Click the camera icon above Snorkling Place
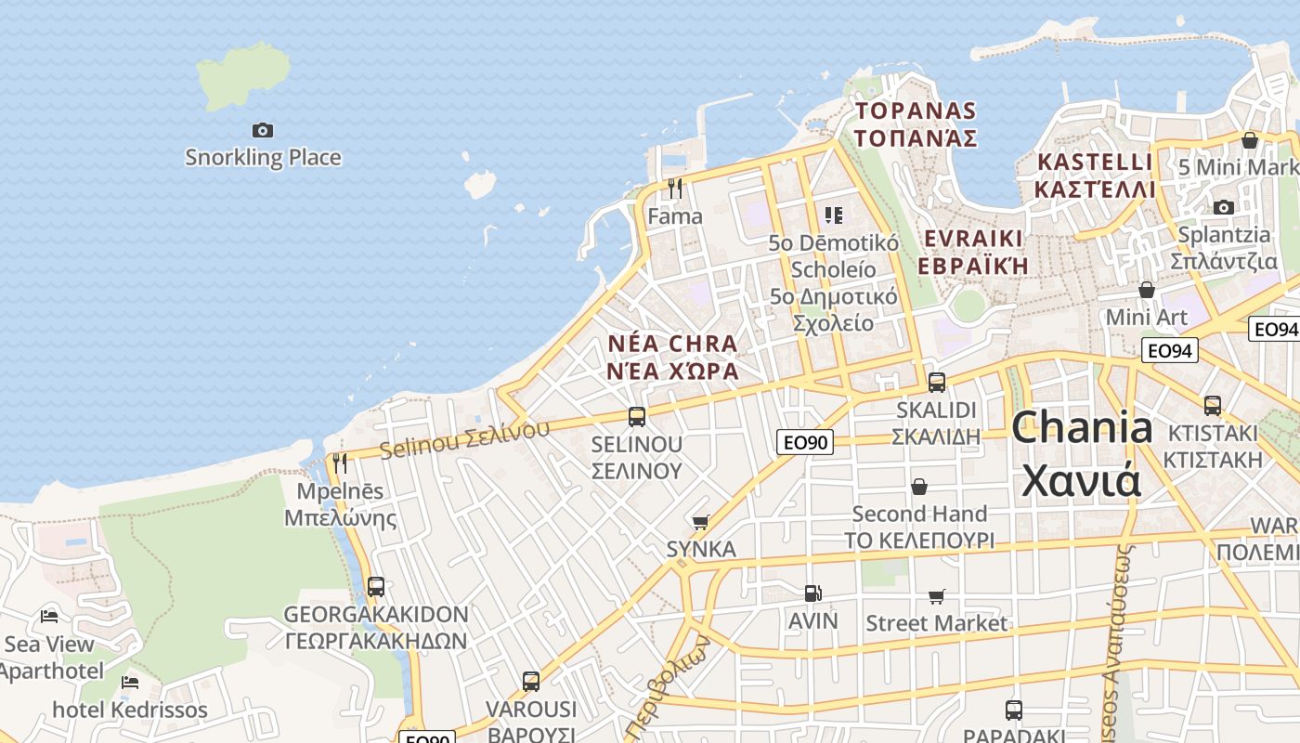pos(263,131)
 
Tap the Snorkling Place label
pos(263,157)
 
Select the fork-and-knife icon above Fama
pos(675,189)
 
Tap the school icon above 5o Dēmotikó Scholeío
pos(833,215)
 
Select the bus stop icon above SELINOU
pos(637,417)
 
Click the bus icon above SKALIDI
pos(937,382)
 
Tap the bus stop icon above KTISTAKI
pos(1213,406)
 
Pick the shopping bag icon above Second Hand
pos(919,487)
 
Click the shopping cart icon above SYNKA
pos(701,523)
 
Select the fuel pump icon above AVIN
pos(812,593)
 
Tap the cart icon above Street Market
pos(937,596)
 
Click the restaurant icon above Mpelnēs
pos(340,463)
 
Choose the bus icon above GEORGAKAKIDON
pos(375,587)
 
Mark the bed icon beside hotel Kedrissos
pos(130,683)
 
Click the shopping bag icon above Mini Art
pos(1147,290)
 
